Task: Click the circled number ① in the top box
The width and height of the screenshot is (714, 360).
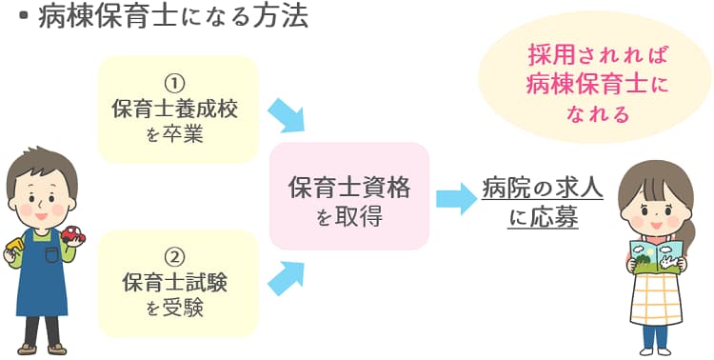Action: point(176,84)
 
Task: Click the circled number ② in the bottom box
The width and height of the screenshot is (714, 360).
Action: point(176,256)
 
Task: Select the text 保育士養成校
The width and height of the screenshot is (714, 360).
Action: point(175,110)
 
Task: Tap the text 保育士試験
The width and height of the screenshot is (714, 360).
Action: point(175,282)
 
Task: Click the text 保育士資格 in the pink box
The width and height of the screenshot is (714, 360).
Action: point(349,188)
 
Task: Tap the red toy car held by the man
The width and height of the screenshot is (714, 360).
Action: point(72,233)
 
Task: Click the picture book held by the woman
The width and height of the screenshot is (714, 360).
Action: point(656,254)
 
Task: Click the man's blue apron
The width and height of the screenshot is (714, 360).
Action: point(43,276)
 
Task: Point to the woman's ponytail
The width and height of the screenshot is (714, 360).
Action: point(688,229)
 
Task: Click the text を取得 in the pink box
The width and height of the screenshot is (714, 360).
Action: point(349,217)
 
